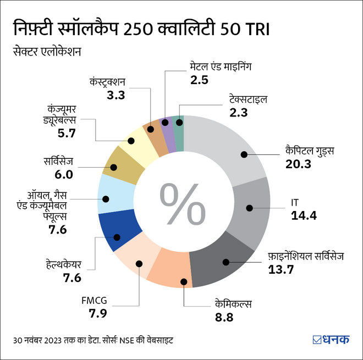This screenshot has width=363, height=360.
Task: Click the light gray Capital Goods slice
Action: click(x=231, y=151)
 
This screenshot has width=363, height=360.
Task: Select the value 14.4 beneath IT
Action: click(x=304, y=215)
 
